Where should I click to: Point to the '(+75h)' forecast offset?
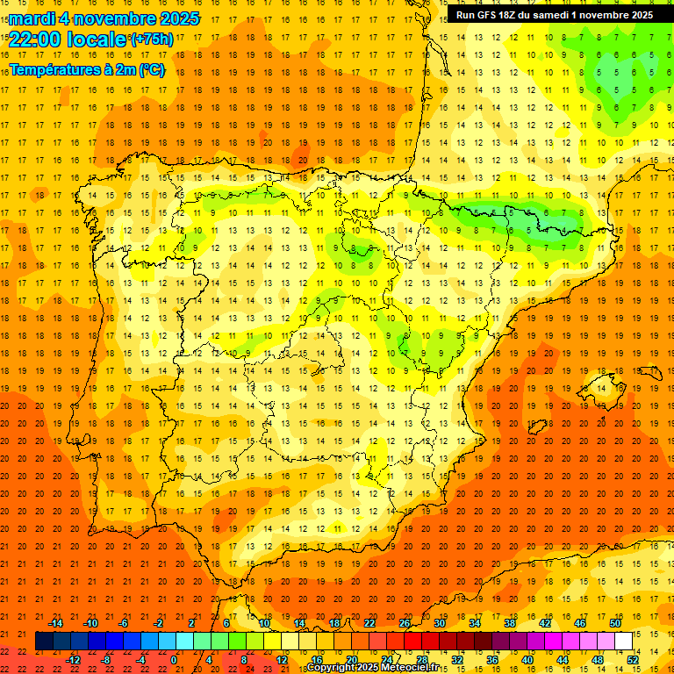pyautogui.click(x=152, y=40)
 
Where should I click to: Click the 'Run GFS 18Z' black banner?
pyautogui.click(x=554, y=15)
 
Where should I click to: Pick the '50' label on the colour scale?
pyautogui.click(x=615, y=623)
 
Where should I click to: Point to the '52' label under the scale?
pyautogui.click(x=633, y=660)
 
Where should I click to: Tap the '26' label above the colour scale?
pyautogui.click(x=405, y=623)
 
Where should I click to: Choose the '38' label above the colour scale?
pyautogui.click(x=510, y=623)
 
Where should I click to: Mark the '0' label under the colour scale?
pyautogui.click(x=174, y=660)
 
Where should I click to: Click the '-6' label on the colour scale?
pyautogui.click(x=124, y=623)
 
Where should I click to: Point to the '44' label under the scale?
pyautogui.click(x=563, y=660)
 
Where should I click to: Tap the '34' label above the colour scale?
pyautogui.click(x=475, y=623)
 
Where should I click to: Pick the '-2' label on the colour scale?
pyautogui.click(x=159, y=623)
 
